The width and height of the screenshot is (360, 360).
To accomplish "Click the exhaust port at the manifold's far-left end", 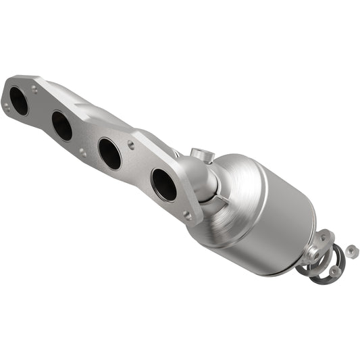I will pos(19,101).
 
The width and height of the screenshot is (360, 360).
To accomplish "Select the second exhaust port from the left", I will pos(61,126).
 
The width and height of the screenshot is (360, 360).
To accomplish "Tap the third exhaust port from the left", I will pos(109,153).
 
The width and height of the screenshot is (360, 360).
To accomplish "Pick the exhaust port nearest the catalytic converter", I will pos(163,184).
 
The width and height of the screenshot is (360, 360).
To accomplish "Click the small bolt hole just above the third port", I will pos(130,145).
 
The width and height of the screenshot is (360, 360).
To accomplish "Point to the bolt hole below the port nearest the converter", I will pos(186,215).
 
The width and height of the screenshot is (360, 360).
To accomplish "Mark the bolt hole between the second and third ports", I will pos(83,153).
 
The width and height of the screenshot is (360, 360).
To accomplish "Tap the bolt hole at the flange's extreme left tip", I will pos(6,105).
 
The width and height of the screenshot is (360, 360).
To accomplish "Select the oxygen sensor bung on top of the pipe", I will pos(201,156).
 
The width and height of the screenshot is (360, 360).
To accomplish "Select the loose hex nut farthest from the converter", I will pos(351,251).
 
